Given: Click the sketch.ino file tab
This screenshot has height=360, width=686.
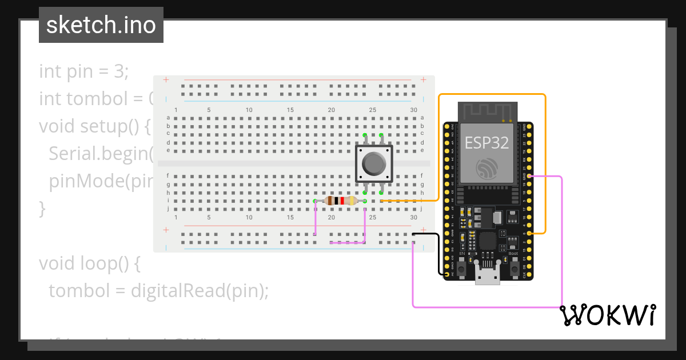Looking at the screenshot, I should point(101,25).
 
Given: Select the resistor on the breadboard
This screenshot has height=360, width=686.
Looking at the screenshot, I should point(340,201).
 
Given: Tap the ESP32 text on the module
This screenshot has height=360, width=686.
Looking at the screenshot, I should point(486,142).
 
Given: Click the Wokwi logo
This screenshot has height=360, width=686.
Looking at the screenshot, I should point(607,315).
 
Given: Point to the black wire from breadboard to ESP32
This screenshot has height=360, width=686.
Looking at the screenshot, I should point(438,251).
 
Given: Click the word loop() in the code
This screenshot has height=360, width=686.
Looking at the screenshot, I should point(104,263).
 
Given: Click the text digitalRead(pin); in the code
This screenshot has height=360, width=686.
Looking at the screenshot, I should point(200,291).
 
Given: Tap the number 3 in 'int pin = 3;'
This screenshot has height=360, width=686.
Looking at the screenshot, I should point(121,71).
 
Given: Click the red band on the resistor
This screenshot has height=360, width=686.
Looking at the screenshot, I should point(342,201).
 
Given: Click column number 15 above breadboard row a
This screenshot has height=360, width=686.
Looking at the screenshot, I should point(290,110).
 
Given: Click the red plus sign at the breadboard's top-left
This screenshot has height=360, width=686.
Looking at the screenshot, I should point(166,80).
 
